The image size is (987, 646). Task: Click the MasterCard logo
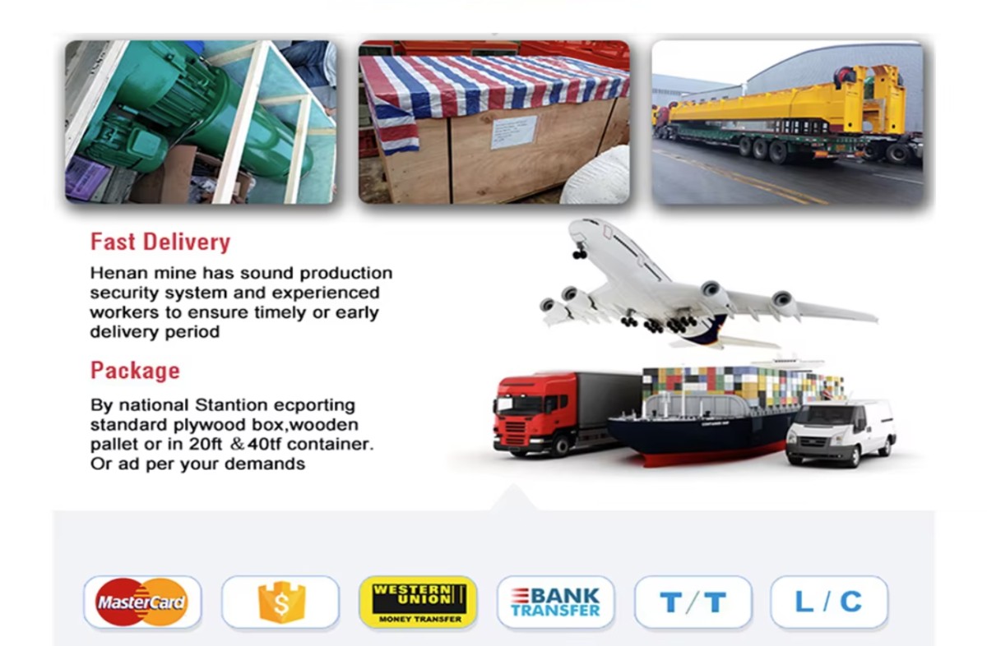click(x=141, y=602)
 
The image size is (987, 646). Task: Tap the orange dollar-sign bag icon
click(x=281, y=602)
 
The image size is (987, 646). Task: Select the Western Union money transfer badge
click(x=419, y=602)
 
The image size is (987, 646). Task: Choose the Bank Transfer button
click(x=555, y=602)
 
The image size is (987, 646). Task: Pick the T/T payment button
click(x=693, y=602)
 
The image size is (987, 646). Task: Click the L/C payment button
click(x=829, y=602)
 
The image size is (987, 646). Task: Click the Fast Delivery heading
click(x=160, y=242)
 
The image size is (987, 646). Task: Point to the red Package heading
click(x=135, y=371)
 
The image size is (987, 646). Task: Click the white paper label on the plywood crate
click(x=514, y=132)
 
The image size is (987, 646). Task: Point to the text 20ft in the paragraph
click(x=206, y=444)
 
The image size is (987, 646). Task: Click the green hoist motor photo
click(x=201, y=122)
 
